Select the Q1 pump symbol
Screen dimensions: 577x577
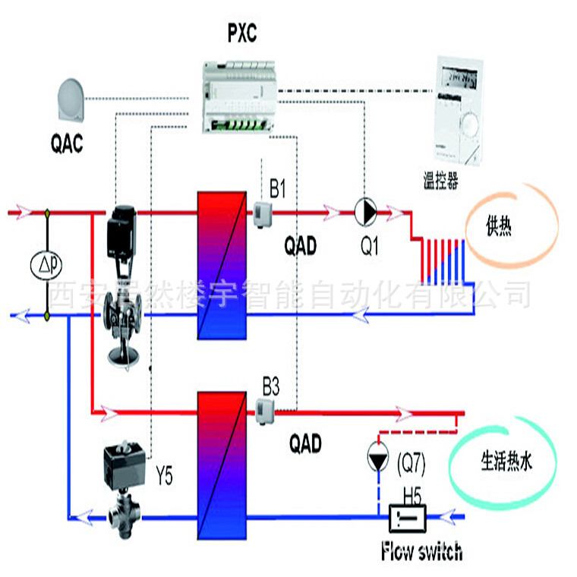pyautogui.click(x=365, y=212)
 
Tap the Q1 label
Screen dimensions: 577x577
pyautogui.click(x=369, y=247)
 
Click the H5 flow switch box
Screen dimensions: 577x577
pyautogui.click(x=407, y=520)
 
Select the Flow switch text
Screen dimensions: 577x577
pyautogui.click(x=421, y=552)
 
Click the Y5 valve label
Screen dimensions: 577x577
pyautogui.click(x=164, y=478)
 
